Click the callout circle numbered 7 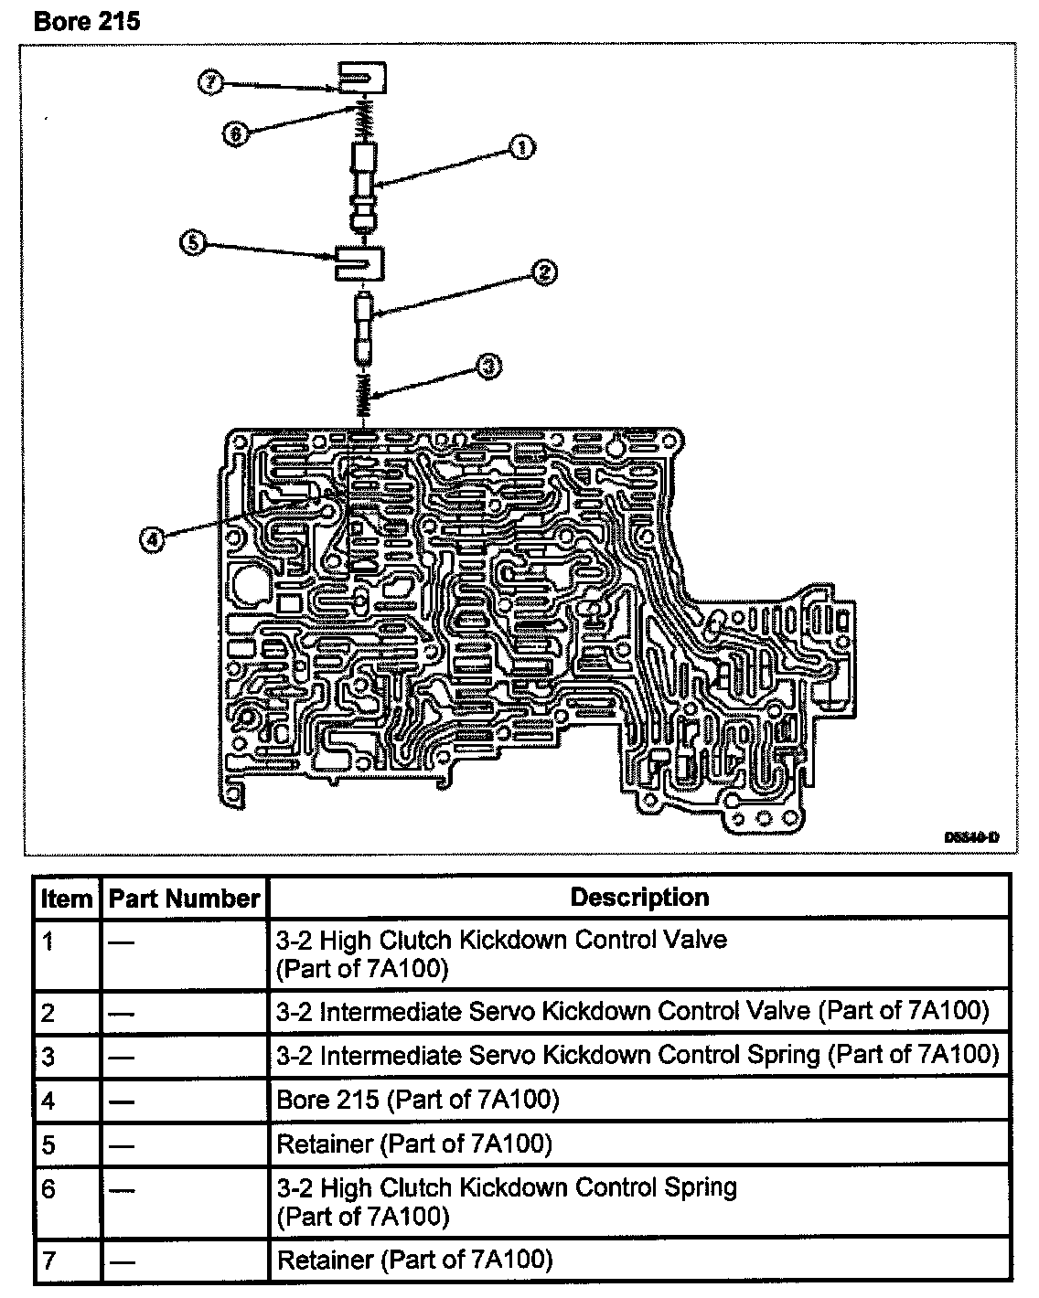click(x=210, y=82)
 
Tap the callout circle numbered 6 click(x=235, y=133)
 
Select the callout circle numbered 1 click(x=522, y=147)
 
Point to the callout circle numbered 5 click(x=193, y=244)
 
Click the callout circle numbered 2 click(x=542, y=271)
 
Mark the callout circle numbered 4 click(x=152, y=540)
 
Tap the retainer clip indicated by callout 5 click(x=360, y=263)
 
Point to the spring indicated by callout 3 click(x=364, y=397)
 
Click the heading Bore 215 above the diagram click(x=87, y=20)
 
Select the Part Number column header click(x=184, y=899)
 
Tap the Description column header click(x=639, y=898)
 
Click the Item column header click(x=67, y=899)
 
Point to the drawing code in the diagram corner click(x=970, y=836)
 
